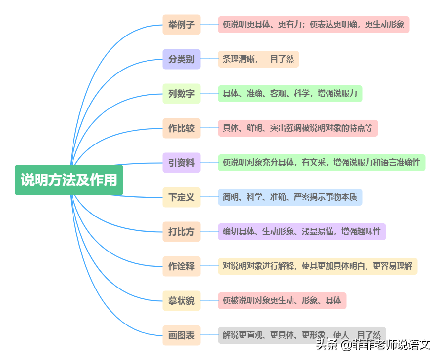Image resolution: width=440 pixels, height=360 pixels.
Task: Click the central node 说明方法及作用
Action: click(x=69, y=180)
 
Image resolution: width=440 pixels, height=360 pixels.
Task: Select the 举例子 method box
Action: click(x=182, y=24)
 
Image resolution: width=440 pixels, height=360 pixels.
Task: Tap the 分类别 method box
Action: click(x=182, y=59)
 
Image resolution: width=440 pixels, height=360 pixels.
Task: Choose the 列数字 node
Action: click(x=182, y=94)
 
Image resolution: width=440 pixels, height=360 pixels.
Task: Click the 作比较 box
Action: click(x=182, y=128)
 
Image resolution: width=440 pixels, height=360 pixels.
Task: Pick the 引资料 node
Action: click(x=182, y=163)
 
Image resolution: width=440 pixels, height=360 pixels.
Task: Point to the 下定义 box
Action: click(x=182, y=197)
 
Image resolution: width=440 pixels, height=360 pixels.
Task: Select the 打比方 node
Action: click(x=182, y=232)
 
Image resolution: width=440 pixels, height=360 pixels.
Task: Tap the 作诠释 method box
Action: click(x=182, y=266)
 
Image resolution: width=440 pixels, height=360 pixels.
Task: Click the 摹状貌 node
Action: click(x=182, y=301)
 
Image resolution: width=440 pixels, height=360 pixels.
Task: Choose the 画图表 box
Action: click(x=182, y=335)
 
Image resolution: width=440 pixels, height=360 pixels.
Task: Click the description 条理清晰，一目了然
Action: click(x=258, y=59)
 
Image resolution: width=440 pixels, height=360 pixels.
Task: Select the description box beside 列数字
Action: click(x=290, y=94)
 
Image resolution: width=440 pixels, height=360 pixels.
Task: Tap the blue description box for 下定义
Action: click(x=290, y=197)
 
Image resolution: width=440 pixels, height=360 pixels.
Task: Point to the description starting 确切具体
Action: click(x=301, y=232)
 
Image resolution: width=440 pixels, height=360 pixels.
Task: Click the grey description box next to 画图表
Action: click(x=301, y=335)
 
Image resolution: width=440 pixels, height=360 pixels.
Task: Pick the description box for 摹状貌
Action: click(x=282, y=301)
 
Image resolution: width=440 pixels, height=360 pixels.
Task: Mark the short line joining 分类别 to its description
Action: click(x=209, y=59)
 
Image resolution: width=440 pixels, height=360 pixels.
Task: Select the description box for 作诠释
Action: click(x=318, y=266)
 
